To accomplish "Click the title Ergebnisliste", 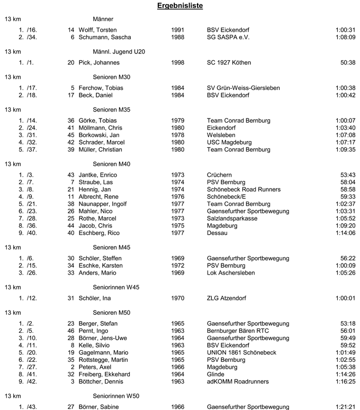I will click(180, 6).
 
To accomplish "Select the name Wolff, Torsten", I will click(97, 30).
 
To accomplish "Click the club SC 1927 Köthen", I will click(229, 63).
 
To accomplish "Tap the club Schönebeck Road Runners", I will click(244, 190).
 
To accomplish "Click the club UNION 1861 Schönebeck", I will click(241, 353).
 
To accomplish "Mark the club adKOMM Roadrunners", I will click(238, 382).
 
